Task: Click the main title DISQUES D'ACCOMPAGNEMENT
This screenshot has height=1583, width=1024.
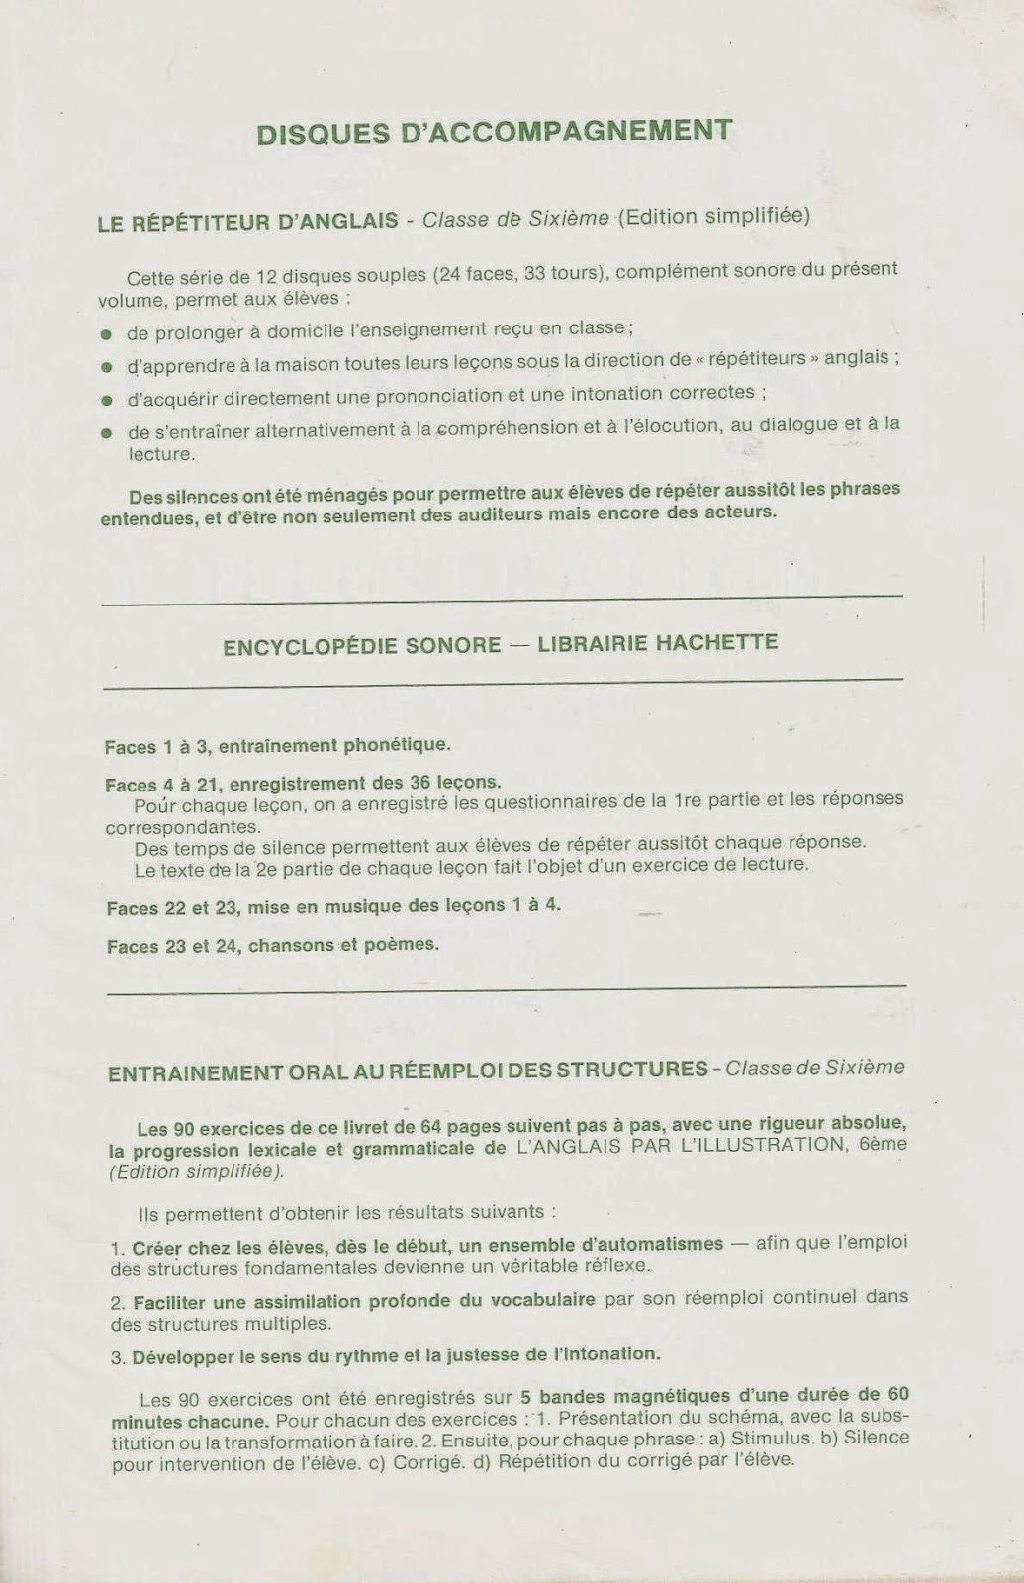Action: coord(494,132)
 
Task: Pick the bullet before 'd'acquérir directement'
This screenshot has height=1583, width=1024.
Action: coord(106,401)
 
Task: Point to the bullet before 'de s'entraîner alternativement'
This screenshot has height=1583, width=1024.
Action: coord(106,432)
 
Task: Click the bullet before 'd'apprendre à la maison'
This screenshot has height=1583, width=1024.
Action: coord(106,368)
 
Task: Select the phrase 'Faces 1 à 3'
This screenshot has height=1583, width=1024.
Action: coord(151,746)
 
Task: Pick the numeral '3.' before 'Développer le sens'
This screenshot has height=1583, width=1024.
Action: coord(117,1356)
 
